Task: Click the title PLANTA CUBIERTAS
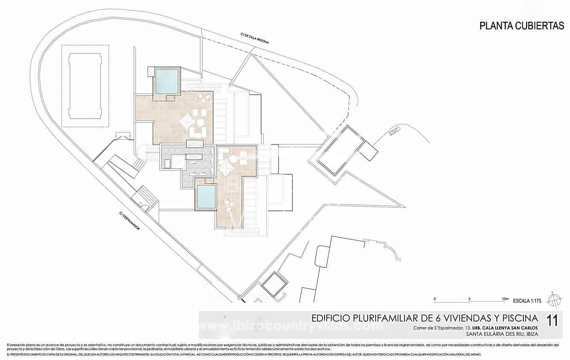(x=522, y=26)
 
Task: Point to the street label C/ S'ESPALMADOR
(x=129, y=220)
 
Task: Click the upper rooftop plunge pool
(x=166, y=81)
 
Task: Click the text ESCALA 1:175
(x=526, y=301)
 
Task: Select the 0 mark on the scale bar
(x=434, y=299)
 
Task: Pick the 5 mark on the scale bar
(x=469, y=299)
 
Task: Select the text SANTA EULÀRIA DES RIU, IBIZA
(x=502, y=334)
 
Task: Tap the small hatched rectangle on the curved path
(x=394, y=131)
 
